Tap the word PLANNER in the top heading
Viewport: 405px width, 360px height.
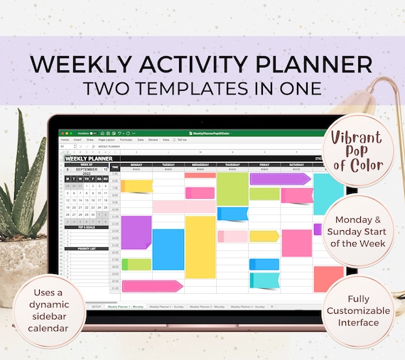tap(312, 65)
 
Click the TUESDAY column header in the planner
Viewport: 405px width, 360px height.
tap(168, 165)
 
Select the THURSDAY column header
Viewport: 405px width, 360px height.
tap(232, 165)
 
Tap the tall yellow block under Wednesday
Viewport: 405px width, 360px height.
tap(200, 247)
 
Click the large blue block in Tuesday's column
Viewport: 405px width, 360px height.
tap(168, 249)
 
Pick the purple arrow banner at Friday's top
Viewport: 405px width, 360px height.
tap(279, 179)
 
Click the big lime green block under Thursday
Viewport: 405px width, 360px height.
tap(232, 189)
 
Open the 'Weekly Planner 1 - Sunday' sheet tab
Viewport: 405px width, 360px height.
tap(166, 307)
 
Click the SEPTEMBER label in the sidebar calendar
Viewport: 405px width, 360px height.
tap(87, 170)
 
